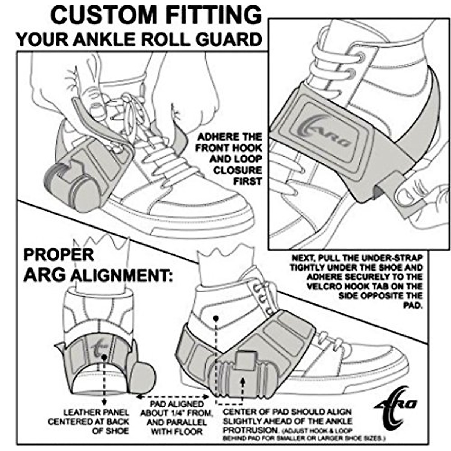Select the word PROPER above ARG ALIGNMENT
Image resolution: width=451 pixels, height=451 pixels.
tap(59, 254)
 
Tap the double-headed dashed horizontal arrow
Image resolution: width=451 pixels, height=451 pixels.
tap(173, 397)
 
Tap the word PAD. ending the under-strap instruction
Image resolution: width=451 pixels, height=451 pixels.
tap(413, 306)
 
